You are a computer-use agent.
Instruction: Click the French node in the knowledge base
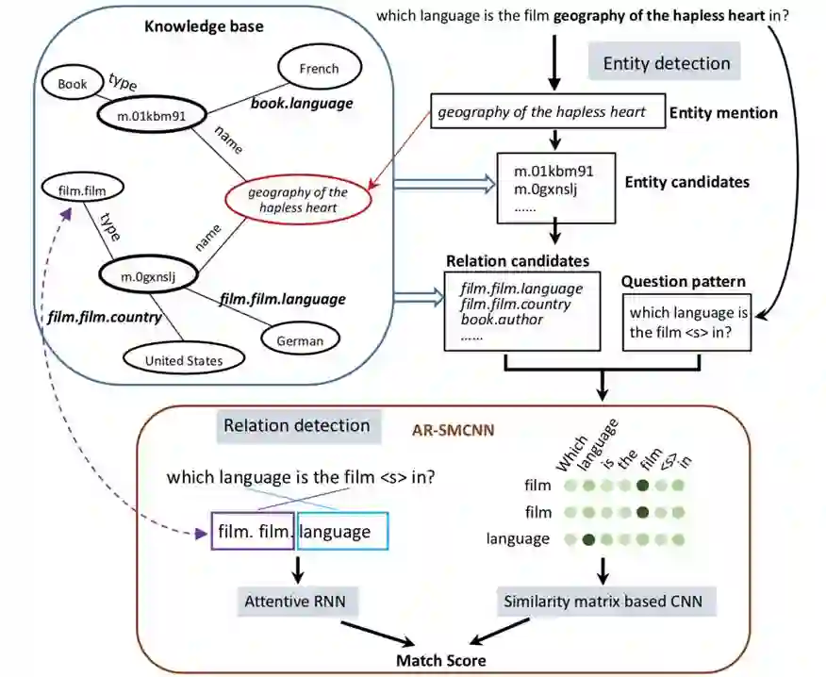(x=320, y=68)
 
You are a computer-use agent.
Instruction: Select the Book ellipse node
(x=73, y=83)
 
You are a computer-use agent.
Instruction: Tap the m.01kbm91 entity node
(x=151, y=116)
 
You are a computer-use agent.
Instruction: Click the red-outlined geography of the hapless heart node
(x=298, y=200)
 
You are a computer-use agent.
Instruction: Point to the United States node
(x=184, y=360)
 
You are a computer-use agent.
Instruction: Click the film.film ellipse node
(x=82, y=190)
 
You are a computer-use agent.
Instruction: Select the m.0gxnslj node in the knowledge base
(x=149, y=276)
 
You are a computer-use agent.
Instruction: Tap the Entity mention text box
(x=548, y=111)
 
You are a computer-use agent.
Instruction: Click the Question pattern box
(x=687, y=322)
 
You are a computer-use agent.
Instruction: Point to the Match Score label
(x=441, y=661)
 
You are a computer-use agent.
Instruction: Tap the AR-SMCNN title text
(x=453, y=431)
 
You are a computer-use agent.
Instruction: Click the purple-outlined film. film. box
(x=253, y=531)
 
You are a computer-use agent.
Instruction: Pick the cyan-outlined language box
(x=342, y=531)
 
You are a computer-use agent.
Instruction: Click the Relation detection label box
(x=299, y=425)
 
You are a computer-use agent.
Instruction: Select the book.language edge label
(x=302, y=104)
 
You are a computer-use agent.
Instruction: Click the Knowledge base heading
(x=204, y=26)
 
